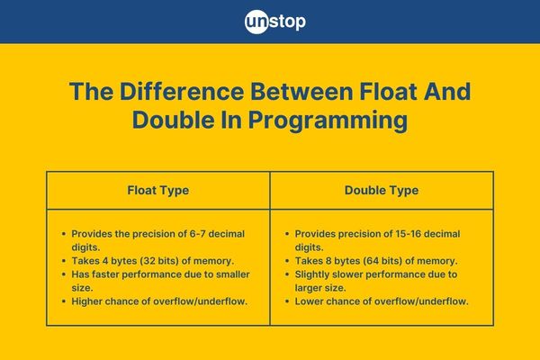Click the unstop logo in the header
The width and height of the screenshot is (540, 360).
pos(274,22)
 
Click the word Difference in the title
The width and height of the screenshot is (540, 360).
pos(182,92)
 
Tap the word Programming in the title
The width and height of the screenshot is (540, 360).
pos(328,121)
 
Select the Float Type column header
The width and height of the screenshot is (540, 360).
pos(158,190)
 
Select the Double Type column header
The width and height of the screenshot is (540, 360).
pos(382,190)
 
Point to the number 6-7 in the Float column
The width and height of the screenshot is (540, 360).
pos(198,234)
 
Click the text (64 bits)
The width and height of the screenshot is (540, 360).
pos(382,261)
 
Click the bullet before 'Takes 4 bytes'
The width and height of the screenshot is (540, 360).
pos(64,261)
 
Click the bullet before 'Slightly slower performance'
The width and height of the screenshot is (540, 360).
pos(287,274)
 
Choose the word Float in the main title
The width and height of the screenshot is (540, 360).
pos(389,92)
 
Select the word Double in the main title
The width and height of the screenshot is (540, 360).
pos(173,121)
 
